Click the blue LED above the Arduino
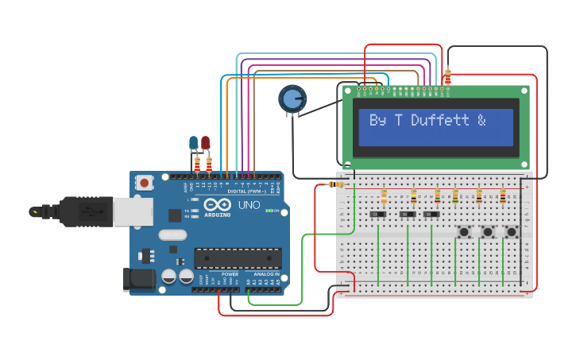(193, 143)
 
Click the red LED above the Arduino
(205, 143)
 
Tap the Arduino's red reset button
(144, 183)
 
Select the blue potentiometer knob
(292, 99)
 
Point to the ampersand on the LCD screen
(481, 121)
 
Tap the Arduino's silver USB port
(133, 211)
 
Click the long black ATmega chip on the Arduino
(238, 258)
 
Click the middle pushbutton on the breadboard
(488, 232)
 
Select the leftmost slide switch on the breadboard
(382, 215)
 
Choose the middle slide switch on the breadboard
(408, 215)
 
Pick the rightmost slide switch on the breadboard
(431, 215)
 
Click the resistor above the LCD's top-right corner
(448, 76)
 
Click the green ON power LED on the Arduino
(269, 211)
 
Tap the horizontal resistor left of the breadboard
(336, 184)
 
